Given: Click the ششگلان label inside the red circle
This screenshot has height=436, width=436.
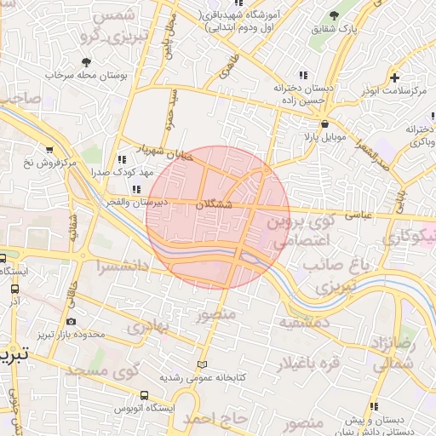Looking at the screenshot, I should tap(213, 205).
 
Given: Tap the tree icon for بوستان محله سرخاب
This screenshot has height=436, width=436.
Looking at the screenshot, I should tap(86, 61).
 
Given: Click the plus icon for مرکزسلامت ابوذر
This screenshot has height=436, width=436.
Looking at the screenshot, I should tap(393, 77).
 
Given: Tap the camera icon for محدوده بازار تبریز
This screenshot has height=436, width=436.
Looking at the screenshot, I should tap(70, 322).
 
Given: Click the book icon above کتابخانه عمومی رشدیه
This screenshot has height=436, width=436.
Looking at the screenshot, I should tap(202, 364).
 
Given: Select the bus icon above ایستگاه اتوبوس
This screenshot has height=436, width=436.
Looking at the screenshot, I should tap(144, 395).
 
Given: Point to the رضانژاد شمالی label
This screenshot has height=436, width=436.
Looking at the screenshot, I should tap(393, 352).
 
